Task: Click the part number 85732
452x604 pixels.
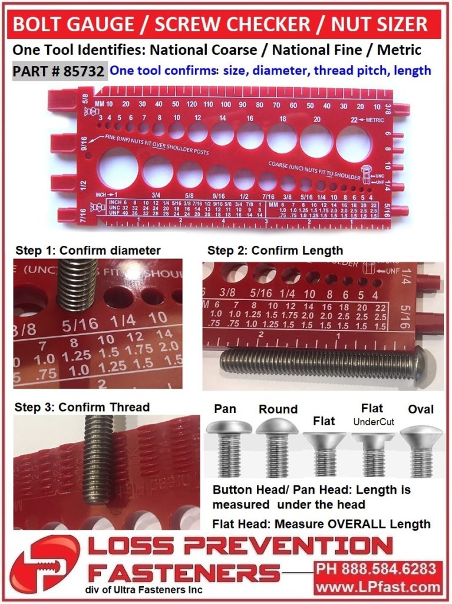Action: coord(85,71)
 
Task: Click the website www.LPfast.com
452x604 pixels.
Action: coord(378,587)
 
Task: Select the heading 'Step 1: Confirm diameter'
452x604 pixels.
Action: coord(88,250)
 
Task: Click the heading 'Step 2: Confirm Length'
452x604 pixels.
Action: coord(275,250)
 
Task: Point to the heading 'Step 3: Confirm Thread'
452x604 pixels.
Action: coord(83,407)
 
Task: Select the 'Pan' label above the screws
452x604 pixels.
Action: coord(225,409)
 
